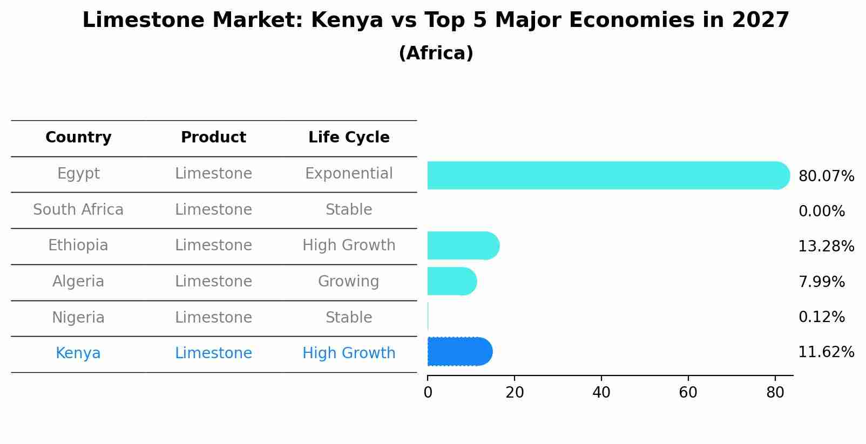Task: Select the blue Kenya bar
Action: [x=459, y=352]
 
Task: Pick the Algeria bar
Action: [x=451, y=281]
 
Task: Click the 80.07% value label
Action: [x=826, y=176]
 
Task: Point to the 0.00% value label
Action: [x=821, y=211]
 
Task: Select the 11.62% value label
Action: [x=826, y=352]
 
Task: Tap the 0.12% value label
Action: [x=821, y=317]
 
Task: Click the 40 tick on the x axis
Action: [x=601, y=393]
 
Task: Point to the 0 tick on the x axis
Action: [x=428, y=393]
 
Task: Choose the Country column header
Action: [x=78, y=138]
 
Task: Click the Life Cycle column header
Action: [x=349, y=138]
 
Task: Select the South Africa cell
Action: [x=78, y=210]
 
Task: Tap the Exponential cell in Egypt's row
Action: [x=349, y=174]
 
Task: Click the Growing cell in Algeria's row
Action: [x=349, y=282]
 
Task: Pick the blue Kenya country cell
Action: [x=78, y=353]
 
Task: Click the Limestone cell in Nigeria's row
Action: [x=213, y=318]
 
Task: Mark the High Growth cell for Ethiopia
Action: [x=349, y=245]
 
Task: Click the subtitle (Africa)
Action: [x=436, y=53]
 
